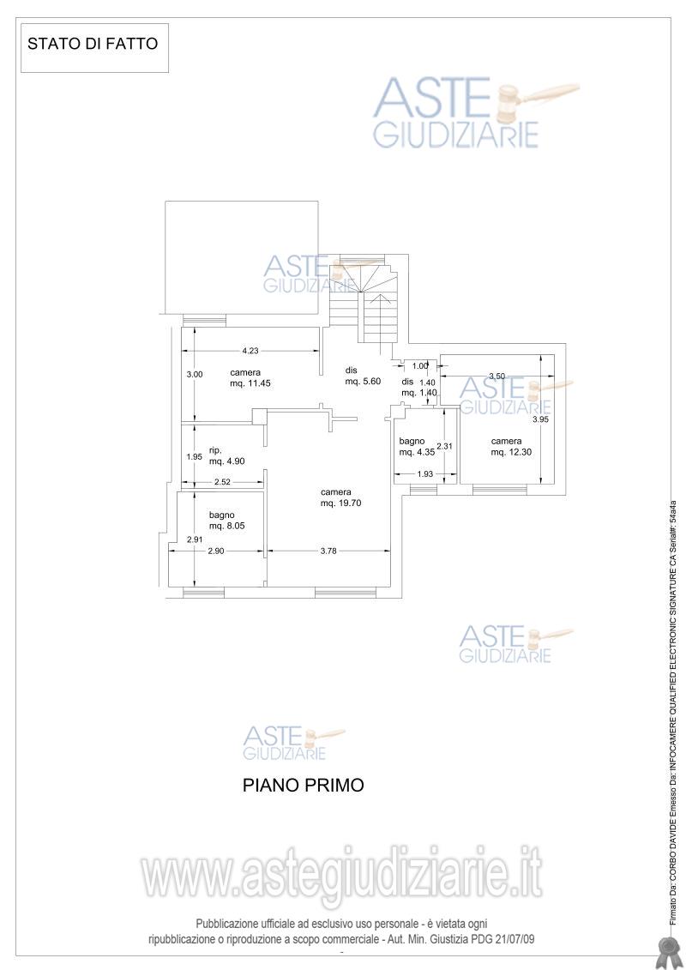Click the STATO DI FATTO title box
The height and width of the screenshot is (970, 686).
94,48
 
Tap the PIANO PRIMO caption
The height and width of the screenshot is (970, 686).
303,785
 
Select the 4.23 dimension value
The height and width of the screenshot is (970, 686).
250,351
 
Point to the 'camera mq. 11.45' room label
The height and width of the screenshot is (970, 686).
250,378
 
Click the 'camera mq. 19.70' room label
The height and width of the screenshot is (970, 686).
340,498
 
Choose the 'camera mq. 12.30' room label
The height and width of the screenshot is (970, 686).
511,447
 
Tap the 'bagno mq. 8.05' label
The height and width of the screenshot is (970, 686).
227,521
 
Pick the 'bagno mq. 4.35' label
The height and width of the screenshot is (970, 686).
417,447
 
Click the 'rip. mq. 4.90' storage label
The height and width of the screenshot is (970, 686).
227,456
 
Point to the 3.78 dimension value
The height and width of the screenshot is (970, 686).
328,551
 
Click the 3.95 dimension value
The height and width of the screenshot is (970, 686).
540,419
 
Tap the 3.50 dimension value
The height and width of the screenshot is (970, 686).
496,376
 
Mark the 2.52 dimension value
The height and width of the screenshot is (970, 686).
222,482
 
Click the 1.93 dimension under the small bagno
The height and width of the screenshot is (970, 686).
425,474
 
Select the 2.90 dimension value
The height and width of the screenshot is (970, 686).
216,551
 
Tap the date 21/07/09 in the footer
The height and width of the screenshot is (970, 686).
514,939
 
